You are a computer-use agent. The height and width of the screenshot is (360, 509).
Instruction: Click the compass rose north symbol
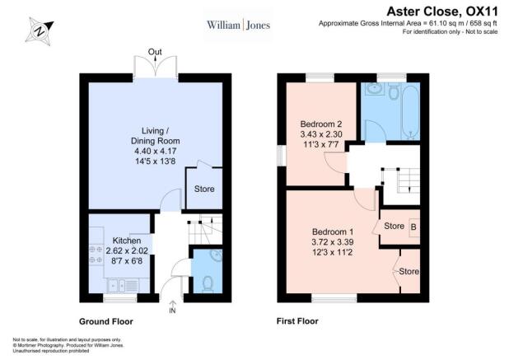tap(40, 31)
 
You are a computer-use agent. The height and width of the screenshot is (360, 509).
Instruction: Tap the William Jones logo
tap(239, 25)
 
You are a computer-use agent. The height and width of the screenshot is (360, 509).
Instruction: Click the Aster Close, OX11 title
tap(442, 12)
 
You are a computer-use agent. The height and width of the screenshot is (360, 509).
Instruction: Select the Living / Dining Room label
tap(156, 136)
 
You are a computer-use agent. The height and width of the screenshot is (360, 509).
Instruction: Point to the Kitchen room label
tap(127, 241)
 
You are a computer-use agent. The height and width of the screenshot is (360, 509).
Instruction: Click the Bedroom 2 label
tap(320, 124)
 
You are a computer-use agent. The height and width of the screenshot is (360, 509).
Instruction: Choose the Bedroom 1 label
tap(333, 231)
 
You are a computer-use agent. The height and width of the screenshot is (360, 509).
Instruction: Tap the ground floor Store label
tap(204, 189)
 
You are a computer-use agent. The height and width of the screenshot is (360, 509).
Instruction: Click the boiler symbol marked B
tap(414, 227)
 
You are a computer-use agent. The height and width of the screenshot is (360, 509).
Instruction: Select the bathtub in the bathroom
tap(411, 111)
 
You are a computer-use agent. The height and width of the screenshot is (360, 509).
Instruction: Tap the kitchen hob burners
tap(96, 255)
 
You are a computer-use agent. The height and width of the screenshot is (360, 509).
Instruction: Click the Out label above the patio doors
tap(155, 52)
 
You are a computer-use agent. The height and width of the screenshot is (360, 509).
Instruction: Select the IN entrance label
tap(172, 311)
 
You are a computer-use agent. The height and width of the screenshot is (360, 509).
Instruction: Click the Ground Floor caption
tap(106, 322)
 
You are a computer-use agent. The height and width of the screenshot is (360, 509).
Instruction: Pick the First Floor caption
tap(297, 321)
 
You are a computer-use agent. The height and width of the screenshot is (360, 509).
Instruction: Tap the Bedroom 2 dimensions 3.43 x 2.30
tap(321, 133)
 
